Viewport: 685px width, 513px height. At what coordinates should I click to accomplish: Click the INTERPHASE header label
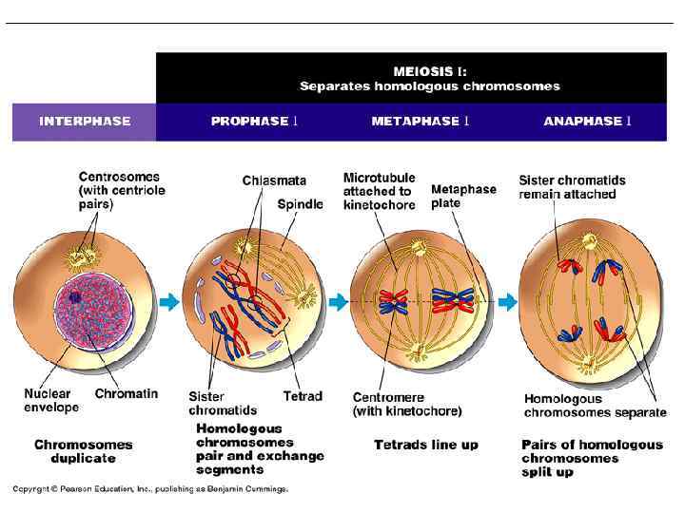coord(85,122)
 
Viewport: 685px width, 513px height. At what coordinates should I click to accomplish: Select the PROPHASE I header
coord(254,122)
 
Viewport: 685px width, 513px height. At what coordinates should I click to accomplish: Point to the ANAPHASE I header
coord(587,122)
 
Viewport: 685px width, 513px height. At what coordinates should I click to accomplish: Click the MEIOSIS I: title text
coord(430,70)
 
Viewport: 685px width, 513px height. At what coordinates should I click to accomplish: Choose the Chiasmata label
coord(274,180)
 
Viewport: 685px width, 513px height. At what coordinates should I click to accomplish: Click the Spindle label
coord(300,204)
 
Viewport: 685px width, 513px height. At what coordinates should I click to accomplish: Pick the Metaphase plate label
coord(463,196)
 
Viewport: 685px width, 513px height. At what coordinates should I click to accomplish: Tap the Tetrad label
coord(303,396)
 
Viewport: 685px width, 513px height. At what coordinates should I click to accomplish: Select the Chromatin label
coord(127,393)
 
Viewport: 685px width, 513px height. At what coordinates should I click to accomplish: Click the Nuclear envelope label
coord(51,400)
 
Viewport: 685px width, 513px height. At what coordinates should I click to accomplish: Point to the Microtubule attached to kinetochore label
coord(379,191)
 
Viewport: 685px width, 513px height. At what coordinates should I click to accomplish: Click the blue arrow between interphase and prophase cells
coord(168,302)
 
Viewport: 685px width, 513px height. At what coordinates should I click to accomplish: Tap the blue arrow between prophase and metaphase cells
coord(338,302)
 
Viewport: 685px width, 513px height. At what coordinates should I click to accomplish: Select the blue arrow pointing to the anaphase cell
coord(508,302)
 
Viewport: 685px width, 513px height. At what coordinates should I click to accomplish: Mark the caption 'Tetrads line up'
coord(426,445)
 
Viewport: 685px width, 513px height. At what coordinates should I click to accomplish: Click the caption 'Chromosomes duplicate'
coord(84,451)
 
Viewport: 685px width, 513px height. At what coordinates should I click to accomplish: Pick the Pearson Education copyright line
coord(149,489)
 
